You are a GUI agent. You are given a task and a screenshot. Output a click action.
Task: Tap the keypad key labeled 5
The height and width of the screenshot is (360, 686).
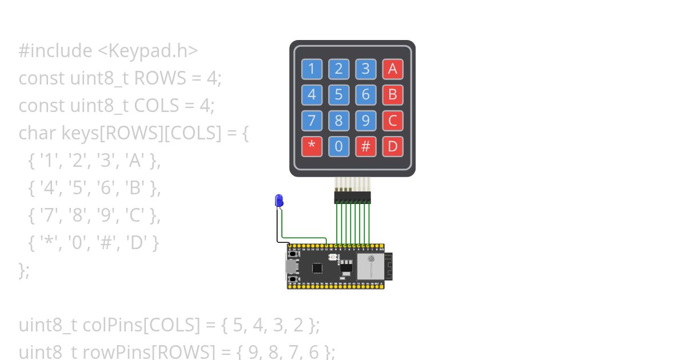[338, 95]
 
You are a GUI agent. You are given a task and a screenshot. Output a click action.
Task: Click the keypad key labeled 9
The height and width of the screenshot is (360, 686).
[365, 121]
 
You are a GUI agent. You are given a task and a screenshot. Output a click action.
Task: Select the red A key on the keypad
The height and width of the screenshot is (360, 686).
[392, 69]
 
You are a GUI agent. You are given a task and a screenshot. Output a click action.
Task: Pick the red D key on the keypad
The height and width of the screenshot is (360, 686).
[392, 146]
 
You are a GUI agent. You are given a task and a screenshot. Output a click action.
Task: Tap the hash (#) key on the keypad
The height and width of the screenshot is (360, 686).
[365, 146]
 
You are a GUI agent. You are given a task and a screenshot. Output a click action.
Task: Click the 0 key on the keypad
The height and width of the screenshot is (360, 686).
[338, 146]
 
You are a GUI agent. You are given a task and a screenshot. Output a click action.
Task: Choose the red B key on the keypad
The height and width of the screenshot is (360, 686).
[392, 95]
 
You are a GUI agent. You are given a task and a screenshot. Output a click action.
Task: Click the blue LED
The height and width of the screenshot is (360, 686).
[279, 200]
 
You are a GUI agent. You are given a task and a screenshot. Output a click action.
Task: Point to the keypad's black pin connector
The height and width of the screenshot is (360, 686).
[352, 197]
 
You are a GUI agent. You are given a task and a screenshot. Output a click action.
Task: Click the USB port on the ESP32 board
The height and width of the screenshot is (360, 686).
[291, 266]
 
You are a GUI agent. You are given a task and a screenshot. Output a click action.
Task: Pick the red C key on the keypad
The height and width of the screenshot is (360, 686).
[392, 121]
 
